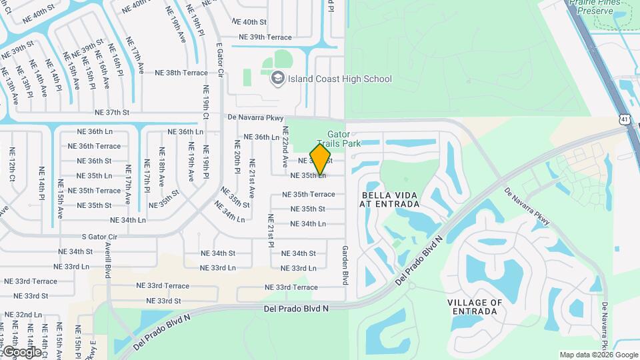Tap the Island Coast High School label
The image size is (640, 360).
pyautogui.click(x=339, y=79)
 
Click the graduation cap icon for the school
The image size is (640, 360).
pyautogui.click(x=277, y=79)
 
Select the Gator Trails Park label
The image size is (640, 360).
pyautogui.click(x=339, y=139)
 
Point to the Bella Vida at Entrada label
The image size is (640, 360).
pyautogui.click(x=389, y=199)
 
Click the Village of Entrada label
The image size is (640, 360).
pyautogui.click(x=475, y=307)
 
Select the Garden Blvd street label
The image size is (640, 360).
pyautogui.click(x=345, y=265)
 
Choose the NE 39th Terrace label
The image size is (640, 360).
pyautogui.click(x=265, y=37)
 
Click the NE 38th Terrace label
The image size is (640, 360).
pyautogui.click(x=181, y=73)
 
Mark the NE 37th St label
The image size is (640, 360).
pyautogui.click(x=112, y=113)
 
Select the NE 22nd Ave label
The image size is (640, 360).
pyautogui.click(x=285, y=147)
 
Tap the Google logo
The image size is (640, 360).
pyautogui.click(x=21, y=351)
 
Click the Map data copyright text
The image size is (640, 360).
pyautogui.click(x=598, y=355)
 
